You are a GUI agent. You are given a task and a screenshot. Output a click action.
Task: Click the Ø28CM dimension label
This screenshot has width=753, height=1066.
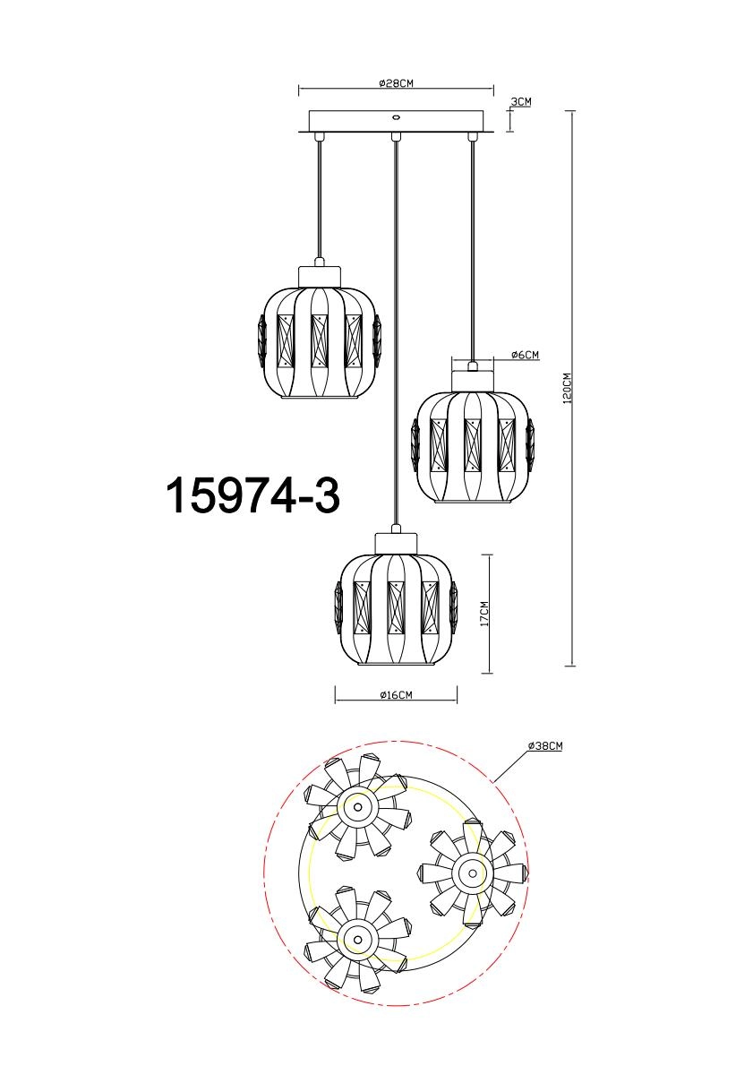click(x=395, y=82)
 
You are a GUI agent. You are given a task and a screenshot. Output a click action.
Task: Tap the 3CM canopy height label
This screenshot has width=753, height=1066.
click(x=521, y=101)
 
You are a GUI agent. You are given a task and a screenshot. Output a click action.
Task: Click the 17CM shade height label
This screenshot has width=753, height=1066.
click(x=483, y=613)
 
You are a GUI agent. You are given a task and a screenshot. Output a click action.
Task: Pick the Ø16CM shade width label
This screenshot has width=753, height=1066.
click(x=395, y=695)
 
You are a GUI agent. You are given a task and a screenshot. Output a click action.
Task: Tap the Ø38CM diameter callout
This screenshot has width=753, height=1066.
click(x=544, y=746)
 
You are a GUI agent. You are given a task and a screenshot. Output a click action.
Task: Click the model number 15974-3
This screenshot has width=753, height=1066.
click(x=253, y=494)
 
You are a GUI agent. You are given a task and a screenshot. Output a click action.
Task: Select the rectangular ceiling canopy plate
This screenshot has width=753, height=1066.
click(x=395, y=121)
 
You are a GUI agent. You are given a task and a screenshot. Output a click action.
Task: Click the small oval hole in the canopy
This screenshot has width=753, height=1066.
click(x=395, y=116)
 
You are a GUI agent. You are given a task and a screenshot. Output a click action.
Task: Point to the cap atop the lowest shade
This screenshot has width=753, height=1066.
click(x=395, y=543)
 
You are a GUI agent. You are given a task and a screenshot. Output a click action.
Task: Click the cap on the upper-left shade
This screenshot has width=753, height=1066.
click(x=320, y=272)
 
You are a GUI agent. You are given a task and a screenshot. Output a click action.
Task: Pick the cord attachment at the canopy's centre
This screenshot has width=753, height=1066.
click(x=395, y=136)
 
